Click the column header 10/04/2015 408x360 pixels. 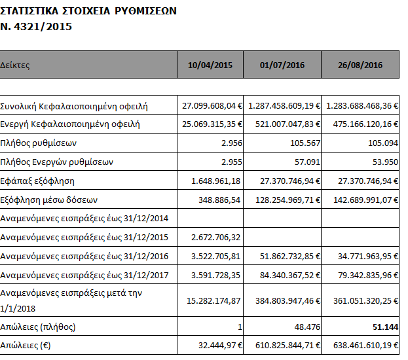[210, 65]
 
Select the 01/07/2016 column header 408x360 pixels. [282, 65]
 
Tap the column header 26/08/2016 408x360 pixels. [361, 65]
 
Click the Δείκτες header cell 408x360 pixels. [15, 65]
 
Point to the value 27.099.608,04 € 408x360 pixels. [212, 105]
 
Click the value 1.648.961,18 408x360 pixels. [213, 180]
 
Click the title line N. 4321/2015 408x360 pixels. [37, 27]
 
